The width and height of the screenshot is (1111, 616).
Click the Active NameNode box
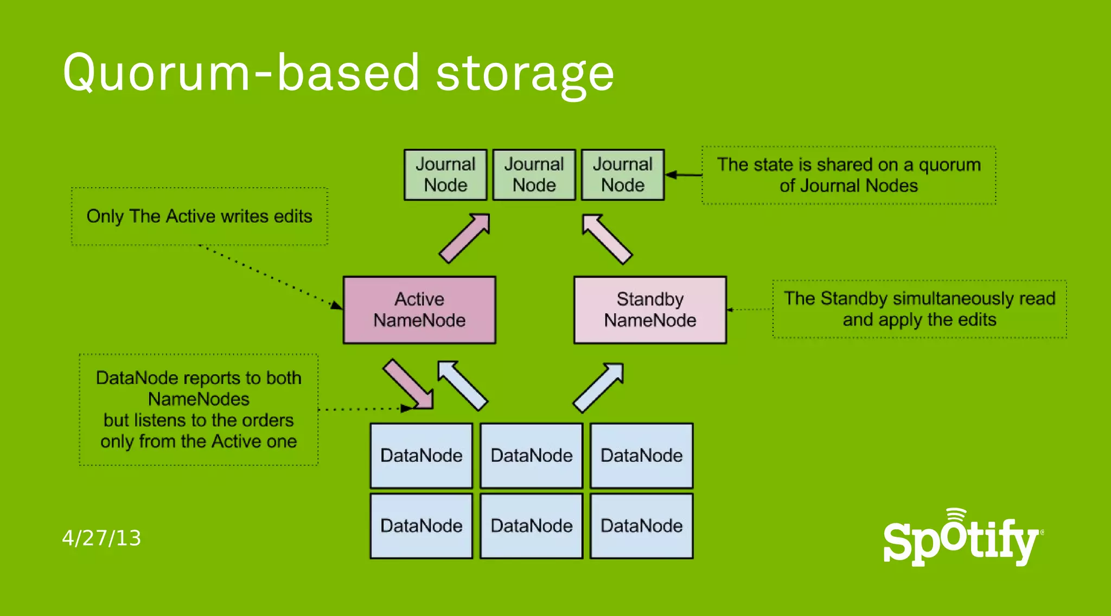point(419,310)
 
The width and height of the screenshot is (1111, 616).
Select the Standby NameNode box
point(650,310)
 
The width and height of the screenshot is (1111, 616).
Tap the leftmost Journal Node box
point(445,175)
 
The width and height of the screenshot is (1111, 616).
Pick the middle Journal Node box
point(534,175)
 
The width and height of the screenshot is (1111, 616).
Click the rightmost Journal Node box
point(623,175)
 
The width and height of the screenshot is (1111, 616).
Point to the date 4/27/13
point(101,538)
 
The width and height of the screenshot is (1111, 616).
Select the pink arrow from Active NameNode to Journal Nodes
point(465,238)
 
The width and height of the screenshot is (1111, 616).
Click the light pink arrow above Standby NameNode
point(606,239)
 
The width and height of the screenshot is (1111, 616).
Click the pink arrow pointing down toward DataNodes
point(408,384)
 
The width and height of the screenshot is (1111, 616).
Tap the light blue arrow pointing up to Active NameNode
point(462,385)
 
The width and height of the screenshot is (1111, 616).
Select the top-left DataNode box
point(421,455)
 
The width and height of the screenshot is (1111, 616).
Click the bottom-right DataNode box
point(641,525)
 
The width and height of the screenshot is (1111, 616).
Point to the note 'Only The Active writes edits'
point(199,216)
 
